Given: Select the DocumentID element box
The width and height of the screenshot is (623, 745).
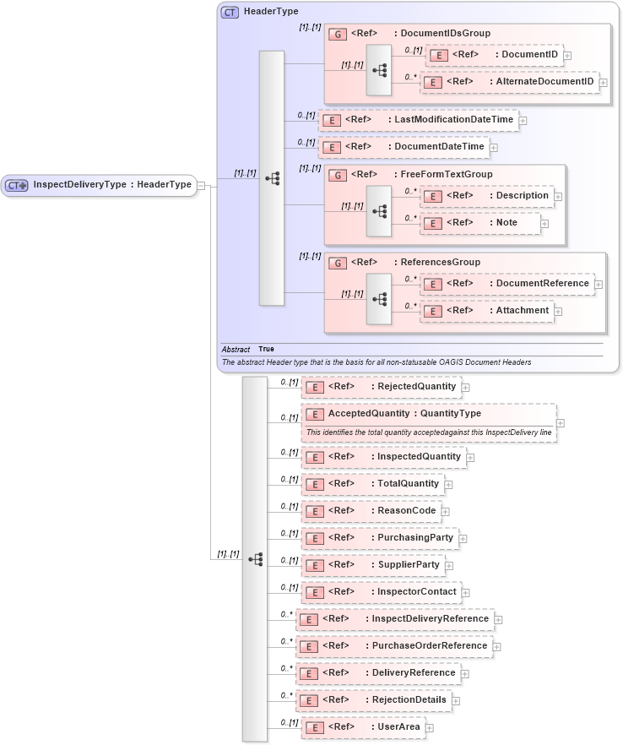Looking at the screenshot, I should click(x=494, y=56).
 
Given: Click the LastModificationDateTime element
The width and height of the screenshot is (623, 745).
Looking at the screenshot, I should click(x=418, y=120).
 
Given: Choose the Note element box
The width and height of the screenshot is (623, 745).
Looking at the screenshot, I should click(x=480, y=223).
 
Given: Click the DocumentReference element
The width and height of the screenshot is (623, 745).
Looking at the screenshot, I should click(x=507, y=284).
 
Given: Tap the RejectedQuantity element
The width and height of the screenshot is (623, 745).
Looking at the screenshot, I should click(x=381, y=387).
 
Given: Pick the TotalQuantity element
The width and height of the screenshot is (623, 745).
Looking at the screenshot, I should click(x=372, y=484).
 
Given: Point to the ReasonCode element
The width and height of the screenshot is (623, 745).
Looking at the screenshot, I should click(x=371, y=511).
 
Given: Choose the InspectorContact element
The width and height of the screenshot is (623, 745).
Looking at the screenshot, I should click(x=381, y=592).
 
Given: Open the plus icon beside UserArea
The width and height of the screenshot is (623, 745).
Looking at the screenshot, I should click(x=430, y=728).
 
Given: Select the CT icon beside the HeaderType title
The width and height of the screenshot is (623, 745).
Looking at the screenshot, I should click(x=229, y=13).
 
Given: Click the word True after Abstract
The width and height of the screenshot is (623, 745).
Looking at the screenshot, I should click(x=266, y=349).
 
